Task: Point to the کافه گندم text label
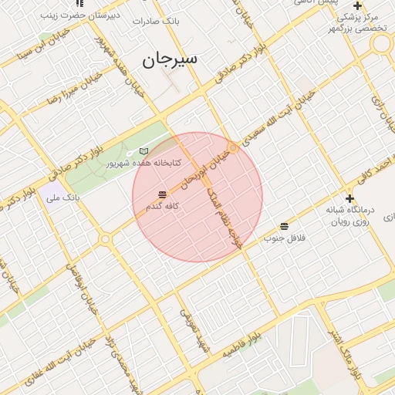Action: [x=162, y=207]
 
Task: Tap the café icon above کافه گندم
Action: [x=162, y=194]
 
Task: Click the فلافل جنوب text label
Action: [x=285, y=238]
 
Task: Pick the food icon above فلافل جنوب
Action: [x=285, y=226]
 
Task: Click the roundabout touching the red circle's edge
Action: [x=232, y=147]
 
